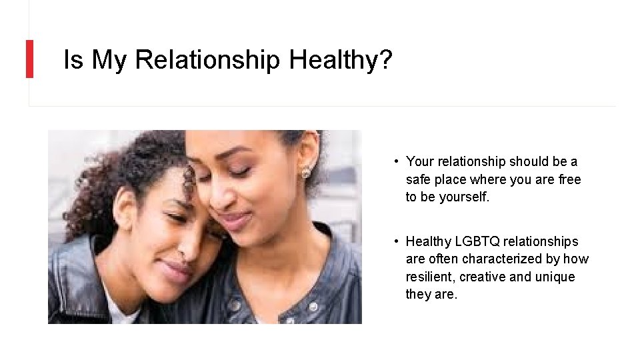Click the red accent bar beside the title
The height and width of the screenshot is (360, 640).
tap(29, 59)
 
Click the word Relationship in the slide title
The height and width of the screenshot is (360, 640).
tap(207, 60)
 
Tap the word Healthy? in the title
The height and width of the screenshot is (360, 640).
tap(341, 60)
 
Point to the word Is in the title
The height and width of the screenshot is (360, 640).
tap(73, 60)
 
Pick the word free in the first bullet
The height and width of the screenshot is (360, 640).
tap(569, 180)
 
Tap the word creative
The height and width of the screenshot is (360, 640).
tap(483, 277)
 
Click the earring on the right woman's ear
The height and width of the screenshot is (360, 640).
tap(306, 173)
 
